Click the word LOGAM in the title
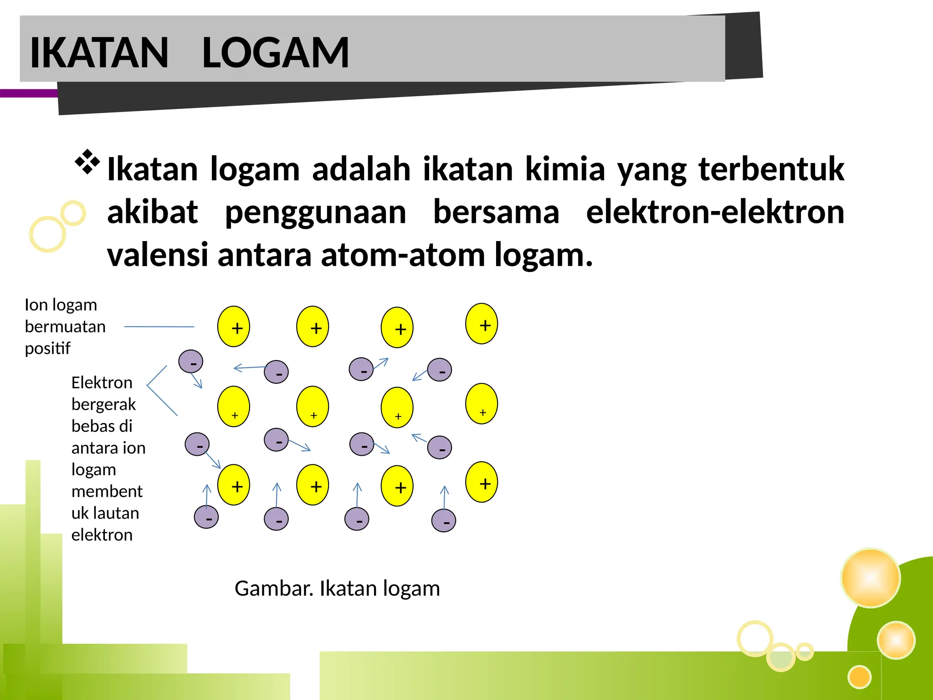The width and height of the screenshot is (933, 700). pyautogui.click(x=275, y=53)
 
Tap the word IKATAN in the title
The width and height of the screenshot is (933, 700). pyautogui.click(x=99, y=53)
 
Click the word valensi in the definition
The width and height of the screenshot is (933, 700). pyautogui.click(x=157, y=255)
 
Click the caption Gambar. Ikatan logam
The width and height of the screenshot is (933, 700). pyautogui.click(x=337, y=588)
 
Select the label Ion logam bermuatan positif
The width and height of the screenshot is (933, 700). pyautogui.click(x=65, y=326)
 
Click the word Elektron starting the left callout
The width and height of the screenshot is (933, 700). pyautogui.click(x=102, y=383)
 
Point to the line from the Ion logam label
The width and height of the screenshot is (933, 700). pyautogui.click(x=159, y=327)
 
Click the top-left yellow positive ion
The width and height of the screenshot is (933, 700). pyautogui.click(x=234, y=327)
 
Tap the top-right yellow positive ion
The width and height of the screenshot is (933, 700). pyautogui.click(x=482, y=324)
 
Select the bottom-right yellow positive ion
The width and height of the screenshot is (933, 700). pyautogui.click(x=482, y=482)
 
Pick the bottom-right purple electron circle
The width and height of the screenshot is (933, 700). pyautogui.click(x=444, y=521)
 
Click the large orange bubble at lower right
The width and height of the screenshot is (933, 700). pyautogui.click(x=871, y=578)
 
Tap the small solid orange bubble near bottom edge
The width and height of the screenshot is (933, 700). pyautogui.click(x=859, y=677)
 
